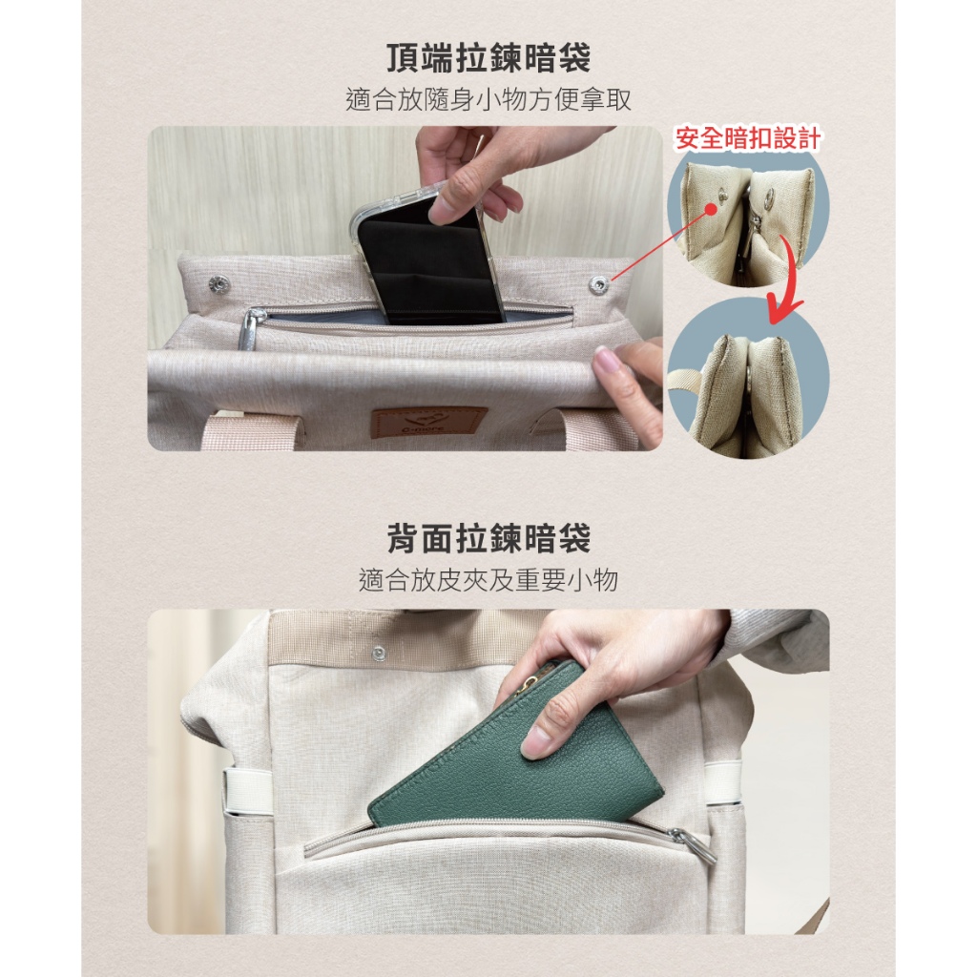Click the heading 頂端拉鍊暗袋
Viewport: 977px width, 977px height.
click(488, 58)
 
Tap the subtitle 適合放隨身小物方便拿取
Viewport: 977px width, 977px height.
click(488, 99)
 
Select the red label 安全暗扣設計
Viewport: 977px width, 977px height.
click(747, 137)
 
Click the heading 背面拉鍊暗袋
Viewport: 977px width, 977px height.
click(488, 538)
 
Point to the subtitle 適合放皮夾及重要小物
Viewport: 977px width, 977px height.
click(488, 580)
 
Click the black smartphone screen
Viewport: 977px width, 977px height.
click(430, 261)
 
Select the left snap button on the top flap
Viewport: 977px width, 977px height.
click(218, 284)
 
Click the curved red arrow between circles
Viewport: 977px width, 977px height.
click(786, 278)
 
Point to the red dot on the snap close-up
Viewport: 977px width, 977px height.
click(710, 209)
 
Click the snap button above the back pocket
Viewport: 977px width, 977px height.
click(378, 653)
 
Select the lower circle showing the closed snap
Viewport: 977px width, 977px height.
click(748, 377)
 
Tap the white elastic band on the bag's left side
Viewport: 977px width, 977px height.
click(247, 789)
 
